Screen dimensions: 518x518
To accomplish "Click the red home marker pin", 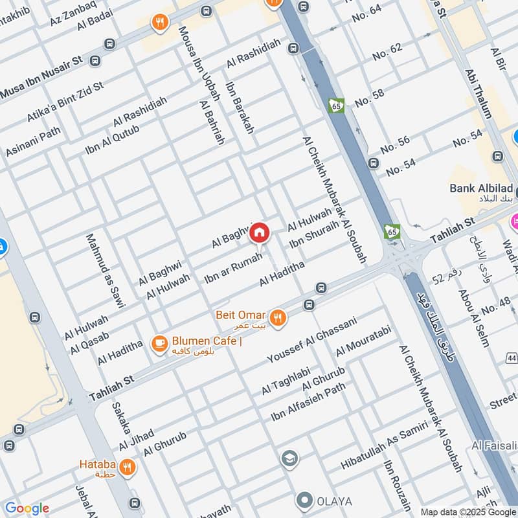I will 259,232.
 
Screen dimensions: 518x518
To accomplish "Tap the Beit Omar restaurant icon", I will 278,317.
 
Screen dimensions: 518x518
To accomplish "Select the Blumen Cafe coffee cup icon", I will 159,344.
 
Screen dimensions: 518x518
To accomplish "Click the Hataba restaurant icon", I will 127,467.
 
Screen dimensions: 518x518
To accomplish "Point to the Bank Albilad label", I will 482,188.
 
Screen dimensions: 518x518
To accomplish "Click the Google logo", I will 27,508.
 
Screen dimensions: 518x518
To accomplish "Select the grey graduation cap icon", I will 289,459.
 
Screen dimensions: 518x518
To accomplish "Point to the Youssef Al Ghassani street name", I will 312,340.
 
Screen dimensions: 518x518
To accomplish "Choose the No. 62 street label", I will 387,54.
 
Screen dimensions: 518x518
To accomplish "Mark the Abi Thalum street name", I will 478,93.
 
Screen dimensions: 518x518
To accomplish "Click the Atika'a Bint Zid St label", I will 65,103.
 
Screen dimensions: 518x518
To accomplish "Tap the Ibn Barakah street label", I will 240,107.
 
